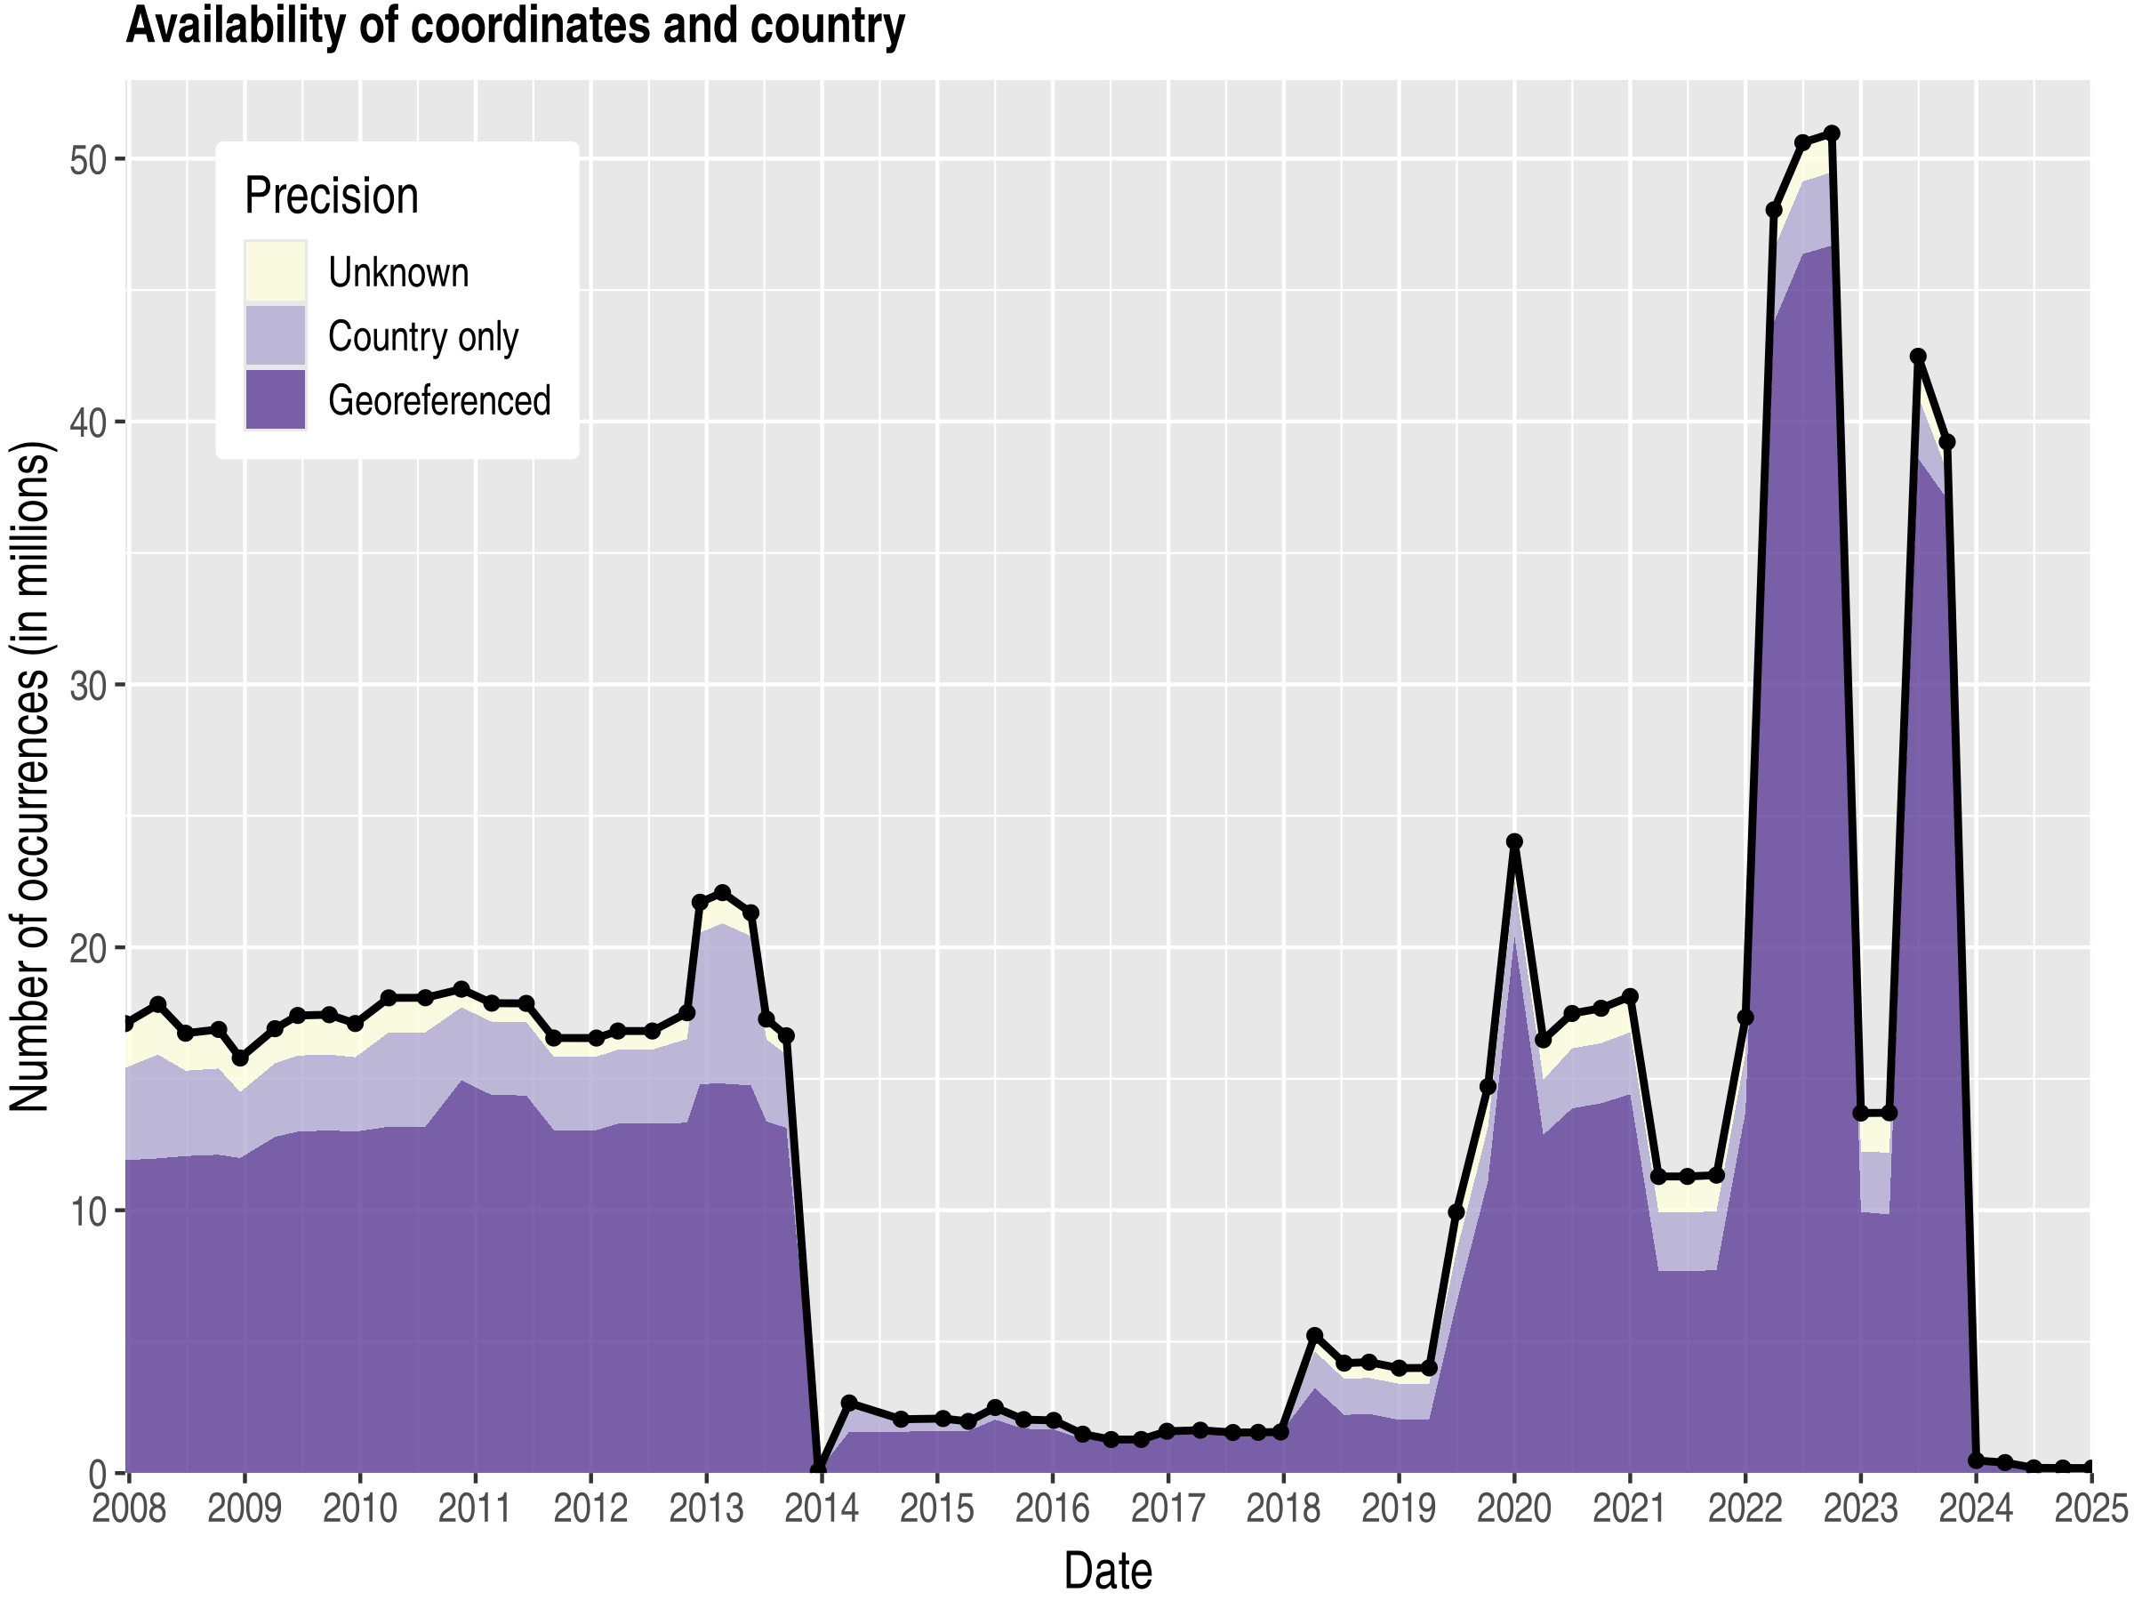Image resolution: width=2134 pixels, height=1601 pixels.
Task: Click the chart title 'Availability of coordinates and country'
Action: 515,26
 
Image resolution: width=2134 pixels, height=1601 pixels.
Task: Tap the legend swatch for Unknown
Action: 275,271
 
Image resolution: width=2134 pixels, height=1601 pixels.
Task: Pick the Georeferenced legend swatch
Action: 275,399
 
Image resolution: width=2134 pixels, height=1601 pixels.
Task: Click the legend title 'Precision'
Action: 331,196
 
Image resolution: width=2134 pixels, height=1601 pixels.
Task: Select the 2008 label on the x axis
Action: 128,1508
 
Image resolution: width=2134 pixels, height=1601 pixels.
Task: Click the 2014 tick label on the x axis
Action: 821,1508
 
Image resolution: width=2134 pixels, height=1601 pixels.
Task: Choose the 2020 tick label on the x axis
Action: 1513,1508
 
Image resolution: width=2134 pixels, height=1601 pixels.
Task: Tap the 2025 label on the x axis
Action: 2090,1508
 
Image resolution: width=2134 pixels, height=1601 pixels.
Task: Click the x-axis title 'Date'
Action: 1108,1571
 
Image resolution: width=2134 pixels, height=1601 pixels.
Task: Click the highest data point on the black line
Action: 1831,133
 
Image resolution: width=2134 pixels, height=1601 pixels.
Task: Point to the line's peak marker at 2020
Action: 1514,842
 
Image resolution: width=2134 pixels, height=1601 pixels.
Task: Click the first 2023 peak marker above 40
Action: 1918,357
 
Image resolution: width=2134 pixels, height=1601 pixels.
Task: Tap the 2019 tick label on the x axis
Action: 1398,1508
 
